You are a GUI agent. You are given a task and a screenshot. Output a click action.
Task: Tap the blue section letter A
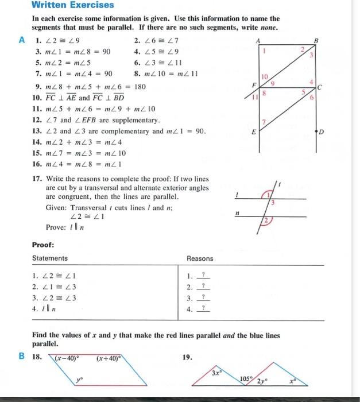pos(22,40)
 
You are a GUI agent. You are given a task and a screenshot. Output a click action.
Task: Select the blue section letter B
pos(22,357)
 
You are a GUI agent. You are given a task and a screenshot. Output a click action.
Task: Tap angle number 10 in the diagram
pos(264,76)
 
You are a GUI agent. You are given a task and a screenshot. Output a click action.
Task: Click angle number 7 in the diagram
pos(264,122)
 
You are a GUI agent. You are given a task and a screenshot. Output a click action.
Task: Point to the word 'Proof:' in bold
pos(43,243)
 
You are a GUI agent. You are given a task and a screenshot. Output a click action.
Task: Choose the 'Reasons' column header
pos(200,258)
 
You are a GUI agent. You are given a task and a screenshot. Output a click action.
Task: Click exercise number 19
pos(187,357)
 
